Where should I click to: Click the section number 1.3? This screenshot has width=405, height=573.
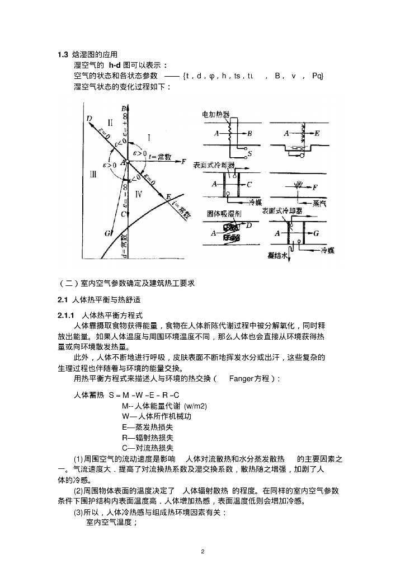pyautogui.click(x=63, y=54)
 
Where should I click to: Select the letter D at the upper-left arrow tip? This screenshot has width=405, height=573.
pyautogui.click(x=89, y=117)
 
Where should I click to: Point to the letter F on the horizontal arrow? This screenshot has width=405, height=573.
pyautogui.click(x=183, y=161)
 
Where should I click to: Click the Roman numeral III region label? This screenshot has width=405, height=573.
pyautogui.click(x=93, y=175)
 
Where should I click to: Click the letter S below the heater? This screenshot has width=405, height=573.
pyautogui.click(x=249, y=153)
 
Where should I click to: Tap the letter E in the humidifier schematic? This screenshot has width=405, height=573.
pyautogui.click(x=317, y=134)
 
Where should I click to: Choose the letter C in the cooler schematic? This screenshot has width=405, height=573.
pyautogui.click(x=249, y=184)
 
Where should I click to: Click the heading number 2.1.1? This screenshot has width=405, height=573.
pyautogui.click(x=67, y=316)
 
